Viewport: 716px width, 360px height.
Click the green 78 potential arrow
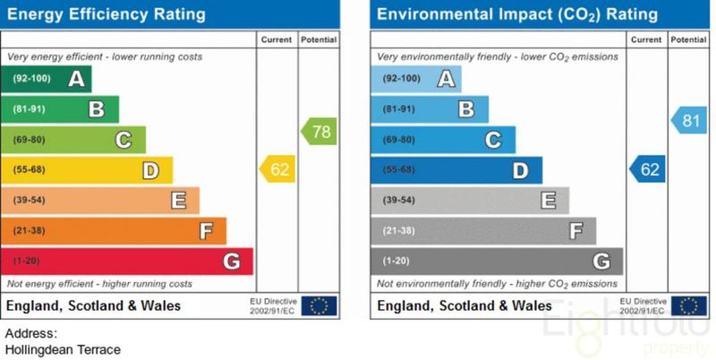tap(319, 133)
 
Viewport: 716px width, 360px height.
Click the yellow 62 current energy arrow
tap(278, 169)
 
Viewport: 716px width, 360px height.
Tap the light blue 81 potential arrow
tap(688, 119)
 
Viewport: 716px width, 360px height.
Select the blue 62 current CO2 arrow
tap(648, 169)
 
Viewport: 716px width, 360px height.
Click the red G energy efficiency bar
tap(127, 261)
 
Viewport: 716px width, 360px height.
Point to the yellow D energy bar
tap(88, 170)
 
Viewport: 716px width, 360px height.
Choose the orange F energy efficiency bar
tap(115, 231)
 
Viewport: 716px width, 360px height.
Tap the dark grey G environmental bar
tap(496, 261)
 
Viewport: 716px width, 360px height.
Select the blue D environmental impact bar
tap(456, 170)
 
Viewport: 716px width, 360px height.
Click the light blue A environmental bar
tap(416, 79)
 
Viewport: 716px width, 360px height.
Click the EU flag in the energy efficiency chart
tap(319, 305)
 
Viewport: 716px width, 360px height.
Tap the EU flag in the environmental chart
tap(688, 305)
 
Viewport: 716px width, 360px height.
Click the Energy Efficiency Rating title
tap(107, 14)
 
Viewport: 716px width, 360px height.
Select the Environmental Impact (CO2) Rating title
tap(517, 14)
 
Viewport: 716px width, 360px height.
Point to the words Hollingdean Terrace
tap(63, 349)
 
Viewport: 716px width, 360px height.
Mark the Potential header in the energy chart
tap(319, 40)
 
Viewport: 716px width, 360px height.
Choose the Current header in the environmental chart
tap(646, 40)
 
